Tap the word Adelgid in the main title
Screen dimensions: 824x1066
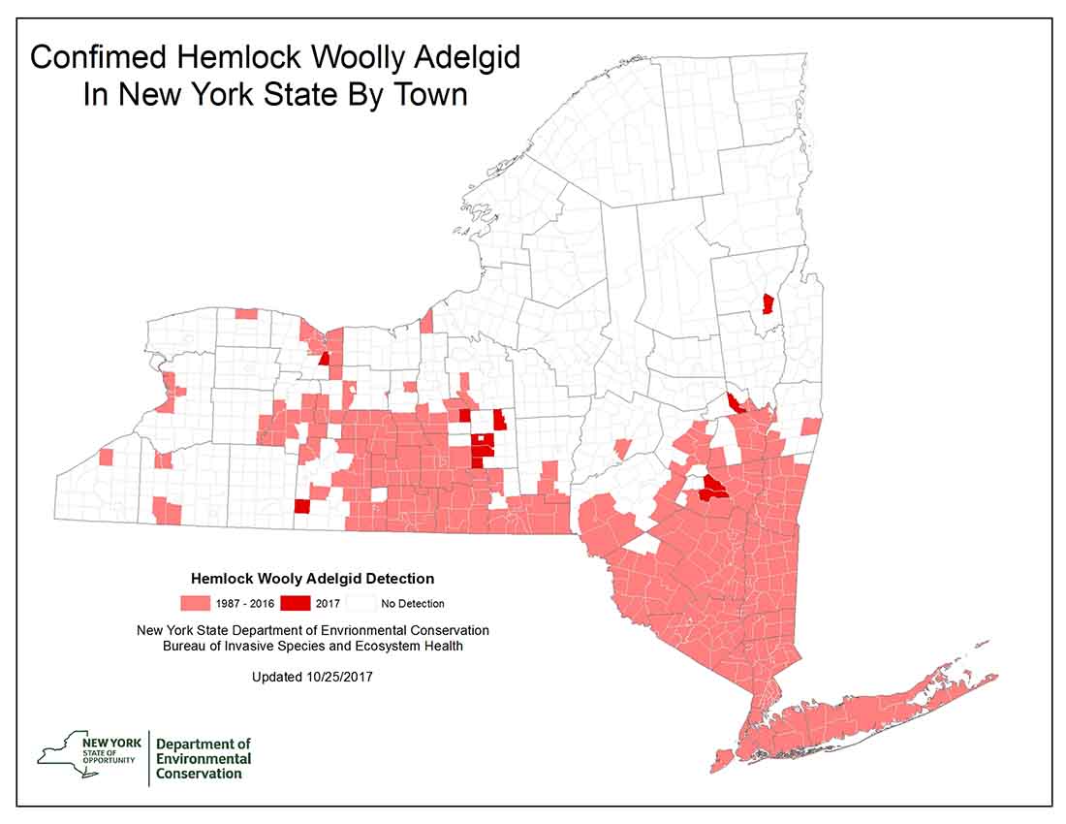click(x=466, y=57)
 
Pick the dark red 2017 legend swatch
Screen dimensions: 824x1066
click(x=296, y=603)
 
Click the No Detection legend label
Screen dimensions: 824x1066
click(x=412, y=604)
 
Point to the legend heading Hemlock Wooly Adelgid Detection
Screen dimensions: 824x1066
click(x=313, y=579)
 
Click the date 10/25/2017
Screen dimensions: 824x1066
click(x=338, y=677)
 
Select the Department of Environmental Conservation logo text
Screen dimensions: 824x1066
click(x=204, y=758)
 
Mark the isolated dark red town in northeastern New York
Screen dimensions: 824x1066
click(x=768, y=303)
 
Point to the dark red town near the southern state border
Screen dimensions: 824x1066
click(x=301, y=506)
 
